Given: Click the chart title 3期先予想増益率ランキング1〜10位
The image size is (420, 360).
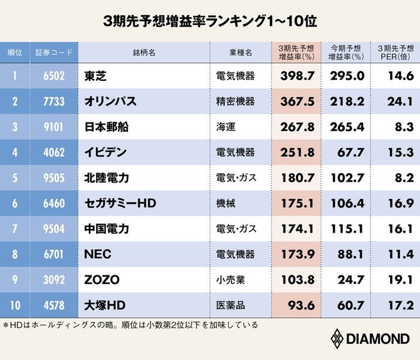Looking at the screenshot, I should tap(210, 20).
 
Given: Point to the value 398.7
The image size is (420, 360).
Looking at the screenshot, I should tap(295, 76).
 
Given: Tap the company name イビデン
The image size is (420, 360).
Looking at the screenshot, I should tap(105, 152).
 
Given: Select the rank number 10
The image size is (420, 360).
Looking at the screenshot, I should tap(15, 306).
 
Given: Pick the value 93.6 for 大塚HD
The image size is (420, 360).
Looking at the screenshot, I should tap(298, 306).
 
